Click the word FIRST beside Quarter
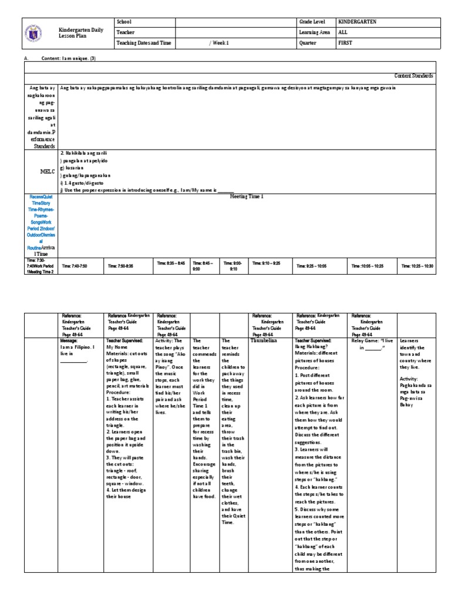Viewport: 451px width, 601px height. [x=345, y=43]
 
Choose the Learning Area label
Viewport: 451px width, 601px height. [x=315, y=32]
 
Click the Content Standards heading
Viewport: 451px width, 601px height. [x=413, y=76]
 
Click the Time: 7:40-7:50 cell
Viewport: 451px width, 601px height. [x=74, y=266]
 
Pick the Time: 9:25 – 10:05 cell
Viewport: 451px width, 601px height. [x=313, y=266]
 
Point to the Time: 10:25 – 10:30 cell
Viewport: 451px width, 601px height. [x=417, y=266]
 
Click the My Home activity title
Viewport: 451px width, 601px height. [x=117, y=346]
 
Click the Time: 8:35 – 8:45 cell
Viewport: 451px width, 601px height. [x=171, y=264]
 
